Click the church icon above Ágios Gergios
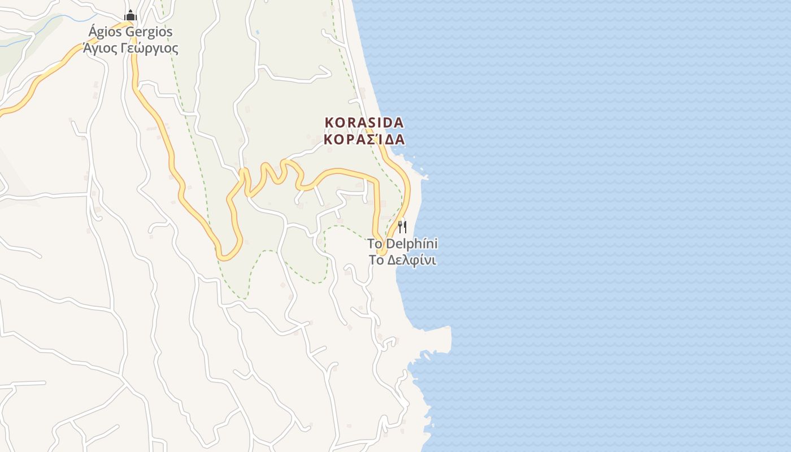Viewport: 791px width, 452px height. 131,15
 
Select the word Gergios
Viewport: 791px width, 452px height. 149,32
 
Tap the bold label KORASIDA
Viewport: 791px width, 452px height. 364,122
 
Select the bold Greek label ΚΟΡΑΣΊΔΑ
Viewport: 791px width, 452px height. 364,139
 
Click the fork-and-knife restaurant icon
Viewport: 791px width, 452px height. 402,227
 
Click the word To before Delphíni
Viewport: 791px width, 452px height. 375,244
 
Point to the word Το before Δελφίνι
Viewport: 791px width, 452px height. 376,260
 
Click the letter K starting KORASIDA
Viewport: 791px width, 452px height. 329,122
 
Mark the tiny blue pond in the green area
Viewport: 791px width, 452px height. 258,32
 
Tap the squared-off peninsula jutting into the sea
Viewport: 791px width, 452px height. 441,339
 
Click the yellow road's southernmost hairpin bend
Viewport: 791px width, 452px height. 226,257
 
